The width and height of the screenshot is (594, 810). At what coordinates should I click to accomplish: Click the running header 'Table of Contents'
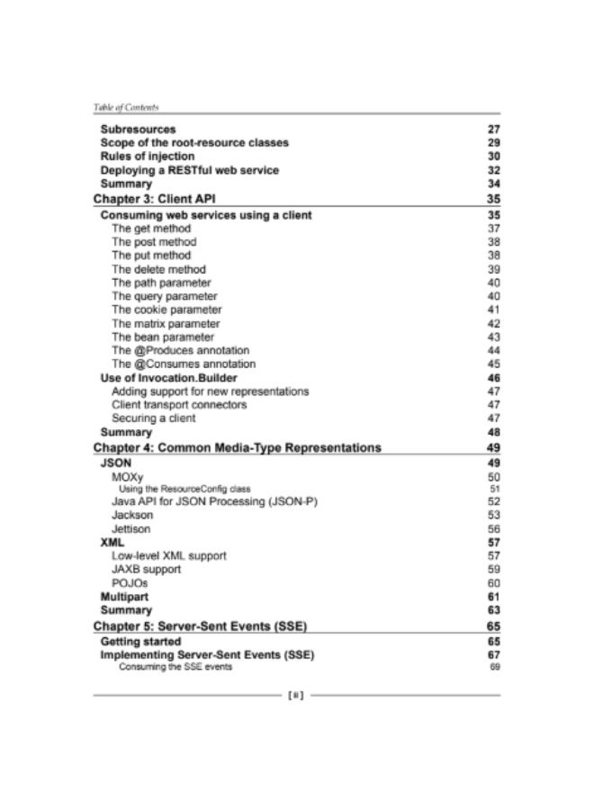(x=126, y=107)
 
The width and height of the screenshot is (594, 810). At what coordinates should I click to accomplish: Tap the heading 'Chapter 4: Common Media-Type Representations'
(x=238, y=447)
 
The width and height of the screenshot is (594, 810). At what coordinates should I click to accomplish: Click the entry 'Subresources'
(x=138, y=130)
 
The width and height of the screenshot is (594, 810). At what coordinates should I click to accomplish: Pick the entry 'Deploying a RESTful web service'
(x=189, y=170)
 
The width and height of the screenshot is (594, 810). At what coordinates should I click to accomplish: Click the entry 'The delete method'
(x=158, y=269)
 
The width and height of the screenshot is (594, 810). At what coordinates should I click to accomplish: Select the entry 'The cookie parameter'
(x=166, y=309)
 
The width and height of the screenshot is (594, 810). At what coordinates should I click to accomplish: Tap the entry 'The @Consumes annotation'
(x=184, y=364)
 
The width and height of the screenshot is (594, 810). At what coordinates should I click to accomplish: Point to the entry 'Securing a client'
(x=153, y=418)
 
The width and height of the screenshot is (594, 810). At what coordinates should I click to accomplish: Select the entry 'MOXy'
(x=127, y=475)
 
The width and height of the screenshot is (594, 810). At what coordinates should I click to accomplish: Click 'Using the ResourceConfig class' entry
(x=184, y=488)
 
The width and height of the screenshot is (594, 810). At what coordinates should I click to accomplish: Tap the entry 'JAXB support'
(x=146, y=569)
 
